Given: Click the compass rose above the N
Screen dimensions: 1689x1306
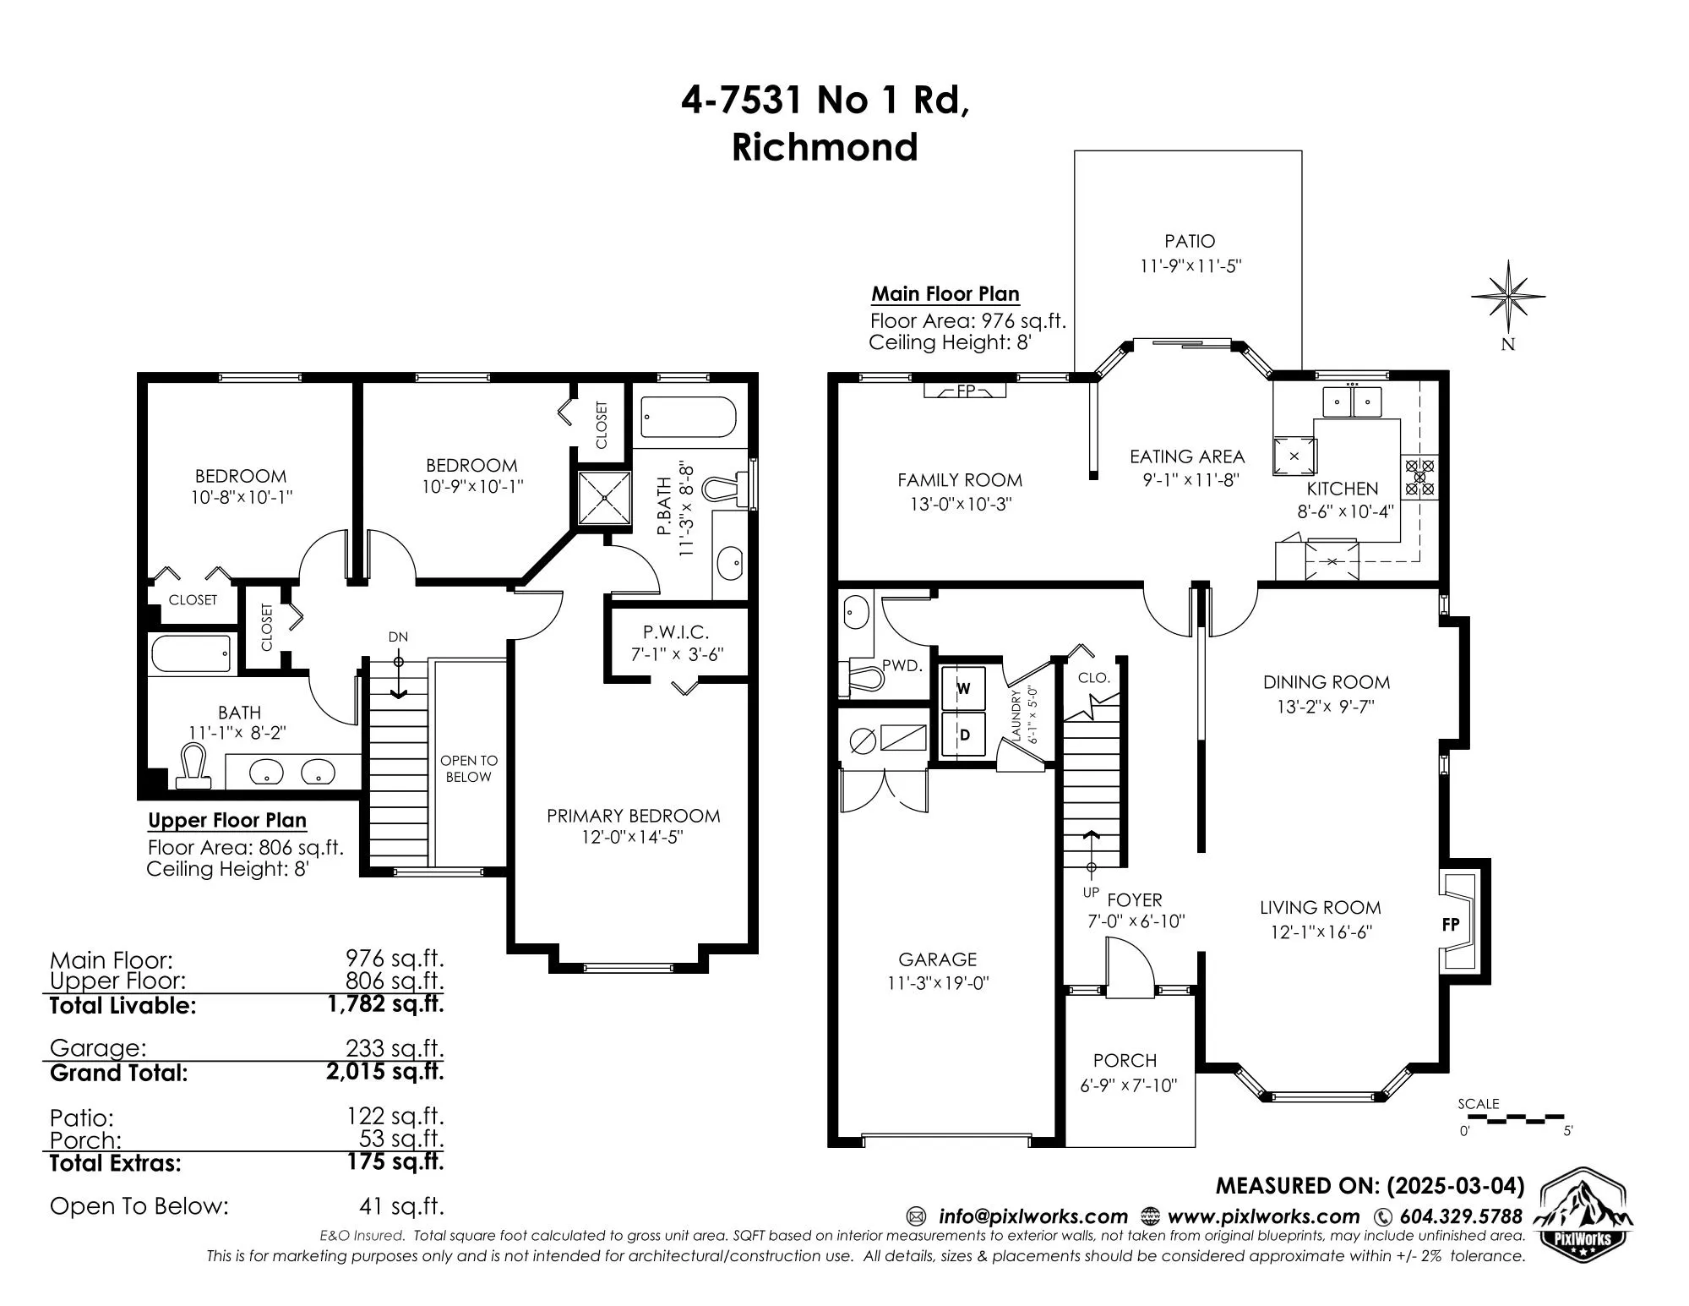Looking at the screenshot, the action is coord(1508,297).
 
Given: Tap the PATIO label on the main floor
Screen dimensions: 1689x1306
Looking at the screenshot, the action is coord(1190,242).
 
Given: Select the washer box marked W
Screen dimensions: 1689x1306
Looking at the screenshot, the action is coord(963,688).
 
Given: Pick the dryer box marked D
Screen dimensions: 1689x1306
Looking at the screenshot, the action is coord(963,735).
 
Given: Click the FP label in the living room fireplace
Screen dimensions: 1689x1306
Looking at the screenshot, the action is coord(1451,924).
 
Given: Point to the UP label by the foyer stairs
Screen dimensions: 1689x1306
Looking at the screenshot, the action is coord(1091,893).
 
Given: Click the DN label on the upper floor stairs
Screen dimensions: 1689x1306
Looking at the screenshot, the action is coord(398,637).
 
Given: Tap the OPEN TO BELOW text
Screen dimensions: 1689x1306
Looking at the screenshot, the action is coord(469,768).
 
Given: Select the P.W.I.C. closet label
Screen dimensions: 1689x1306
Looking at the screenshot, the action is coord(676,631).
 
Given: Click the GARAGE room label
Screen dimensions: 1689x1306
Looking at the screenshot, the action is coord(937,959).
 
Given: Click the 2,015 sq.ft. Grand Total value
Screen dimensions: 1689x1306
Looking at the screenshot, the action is coord(384,1072).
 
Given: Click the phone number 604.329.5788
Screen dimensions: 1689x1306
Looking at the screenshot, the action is coord(1461,1216).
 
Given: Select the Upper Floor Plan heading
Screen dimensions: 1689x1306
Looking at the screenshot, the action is coord(227,821).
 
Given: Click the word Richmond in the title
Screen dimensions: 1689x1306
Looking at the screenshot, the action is coord(825,147).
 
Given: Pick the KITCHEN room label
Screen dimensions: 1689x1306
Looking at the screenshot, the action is coord(1343,489).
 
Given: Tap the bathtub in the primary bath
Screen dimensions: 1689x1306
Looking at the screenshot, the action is coord(688,418).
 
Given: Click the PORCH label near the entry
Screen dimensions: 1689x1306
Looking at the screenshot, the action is coord(1125,1060).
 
